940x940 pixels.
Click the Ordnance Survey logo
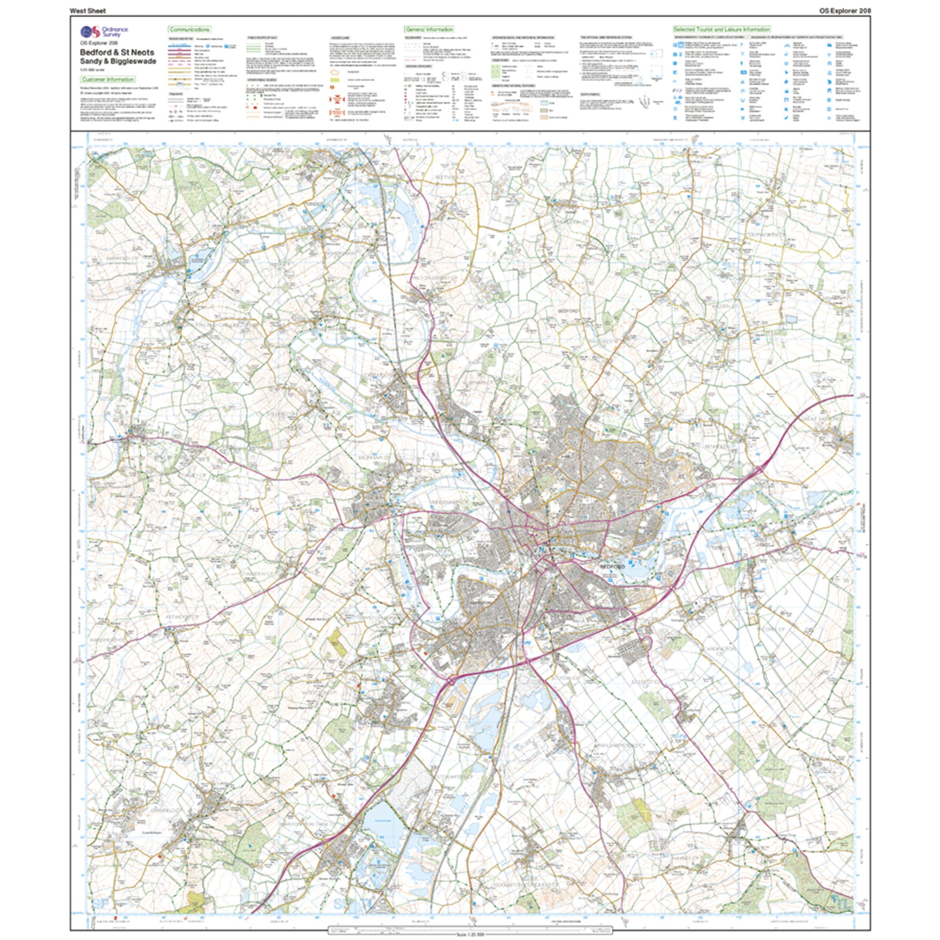click(91, 32)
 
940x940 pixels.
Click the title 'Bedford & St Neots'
click(117, 52)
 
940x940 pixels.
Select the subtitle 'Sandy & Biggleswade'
click(118, 61)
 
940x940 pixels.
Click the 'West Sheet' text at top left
click(88, 11)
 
